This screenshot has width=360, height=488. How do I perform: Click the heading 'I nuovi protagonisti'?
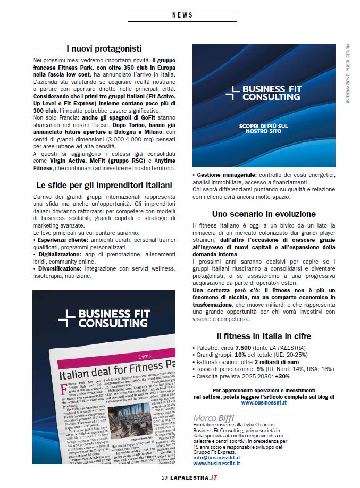click(x=104, y=49)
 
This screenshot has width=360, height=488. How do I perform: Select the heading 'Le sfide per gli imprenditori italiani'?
click(x=104, y=186)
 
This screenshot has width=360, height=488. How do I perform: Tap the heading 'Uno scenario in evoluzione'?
click(x=264, y=214)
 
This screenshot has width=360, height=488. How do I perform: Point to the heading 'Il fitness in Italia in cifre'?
click(x=264, y=336)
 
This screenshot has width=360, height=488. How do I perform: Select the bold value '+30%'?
click(x=282, y=376)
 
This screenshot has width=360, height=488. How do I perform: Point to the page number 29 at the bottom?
click(x=164, y=477)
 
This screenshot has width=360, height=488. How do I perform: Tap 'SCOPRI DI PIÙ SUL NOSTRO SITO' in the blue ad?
click(x=263, y=128)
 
